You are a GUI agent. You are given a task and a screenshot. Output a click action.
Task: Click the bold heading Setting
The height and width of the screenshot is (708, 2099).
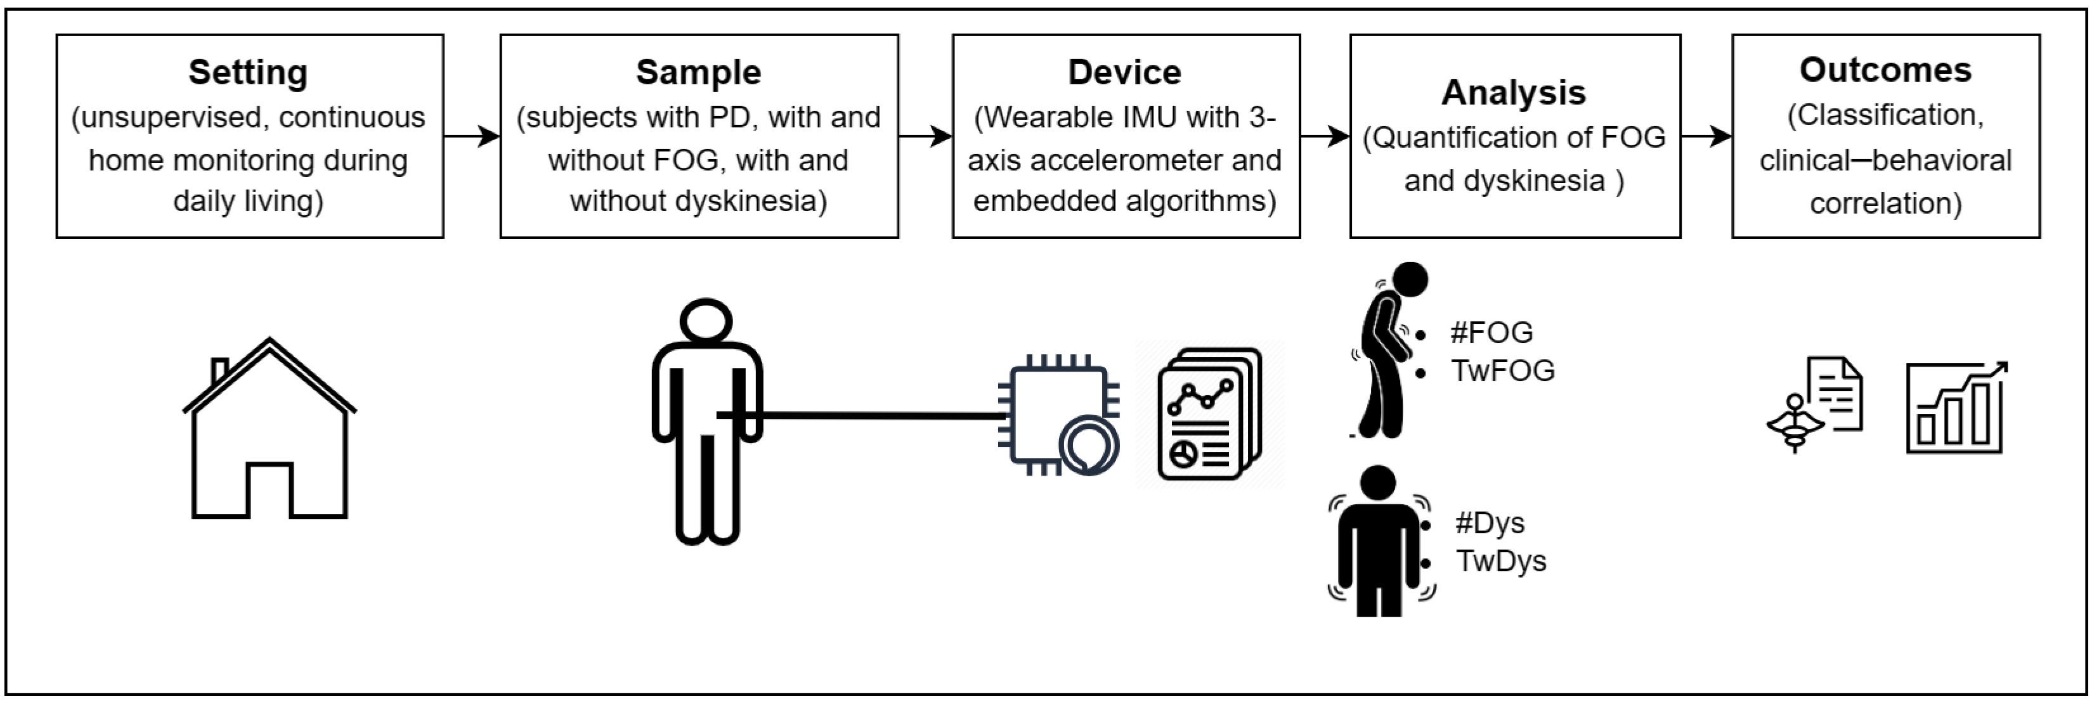click(x=248, y=72)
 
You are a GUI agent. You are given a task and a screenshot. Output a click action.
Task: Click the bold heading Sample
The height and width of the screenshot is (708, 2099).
click(x=698, y=72)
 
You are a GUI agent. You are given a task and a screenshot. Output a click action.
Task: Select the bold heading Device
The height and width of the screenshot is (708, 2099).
click(x=1124, y=72)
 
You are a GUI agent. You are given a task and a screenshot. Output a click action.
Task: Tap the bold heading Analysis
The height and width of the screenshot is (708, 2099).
click(x=1513, y=93)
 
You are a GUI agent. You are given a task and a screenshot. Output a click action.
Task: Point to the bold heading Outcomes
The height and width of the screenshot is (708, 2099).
click(x=1885, y=70)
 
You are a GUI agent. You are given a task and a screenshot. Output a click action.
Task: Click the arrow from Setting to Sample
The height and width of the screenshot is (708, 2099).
click(x=472, y=136)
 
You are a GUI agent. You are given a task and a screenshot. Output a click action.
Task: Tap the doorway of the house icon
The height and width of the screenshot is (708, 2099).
click(x=269, y=491)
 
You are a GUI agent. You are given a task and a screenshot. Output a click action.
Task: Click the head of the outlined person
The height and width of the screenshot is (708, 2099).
click(x=706, y=320)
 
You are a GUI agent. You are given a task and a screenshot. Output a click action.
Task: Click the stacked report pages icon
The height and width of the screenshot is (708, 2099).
click(x=1209, y=414)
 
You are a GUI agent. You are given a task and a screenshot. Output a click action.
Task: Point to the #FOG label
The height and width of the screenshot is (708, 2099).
click(x=1491, y=332)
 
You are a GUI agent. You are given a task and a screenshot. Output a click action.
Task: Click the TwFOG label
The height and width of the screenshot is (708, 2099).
click(x=1502, y=371)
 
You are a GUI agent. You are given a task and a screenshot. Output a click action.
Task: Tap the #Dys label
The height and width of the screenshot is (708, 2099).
click(x=1490, y=523)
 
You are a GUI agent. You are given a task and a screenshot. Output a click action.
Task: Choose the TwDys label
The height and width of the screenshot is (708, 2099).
click(x=1501, y=562)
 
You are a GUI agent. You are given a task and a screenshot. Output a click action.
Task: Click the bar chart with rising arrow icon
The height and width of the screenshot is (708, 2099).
click(x=1956, y=408)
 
